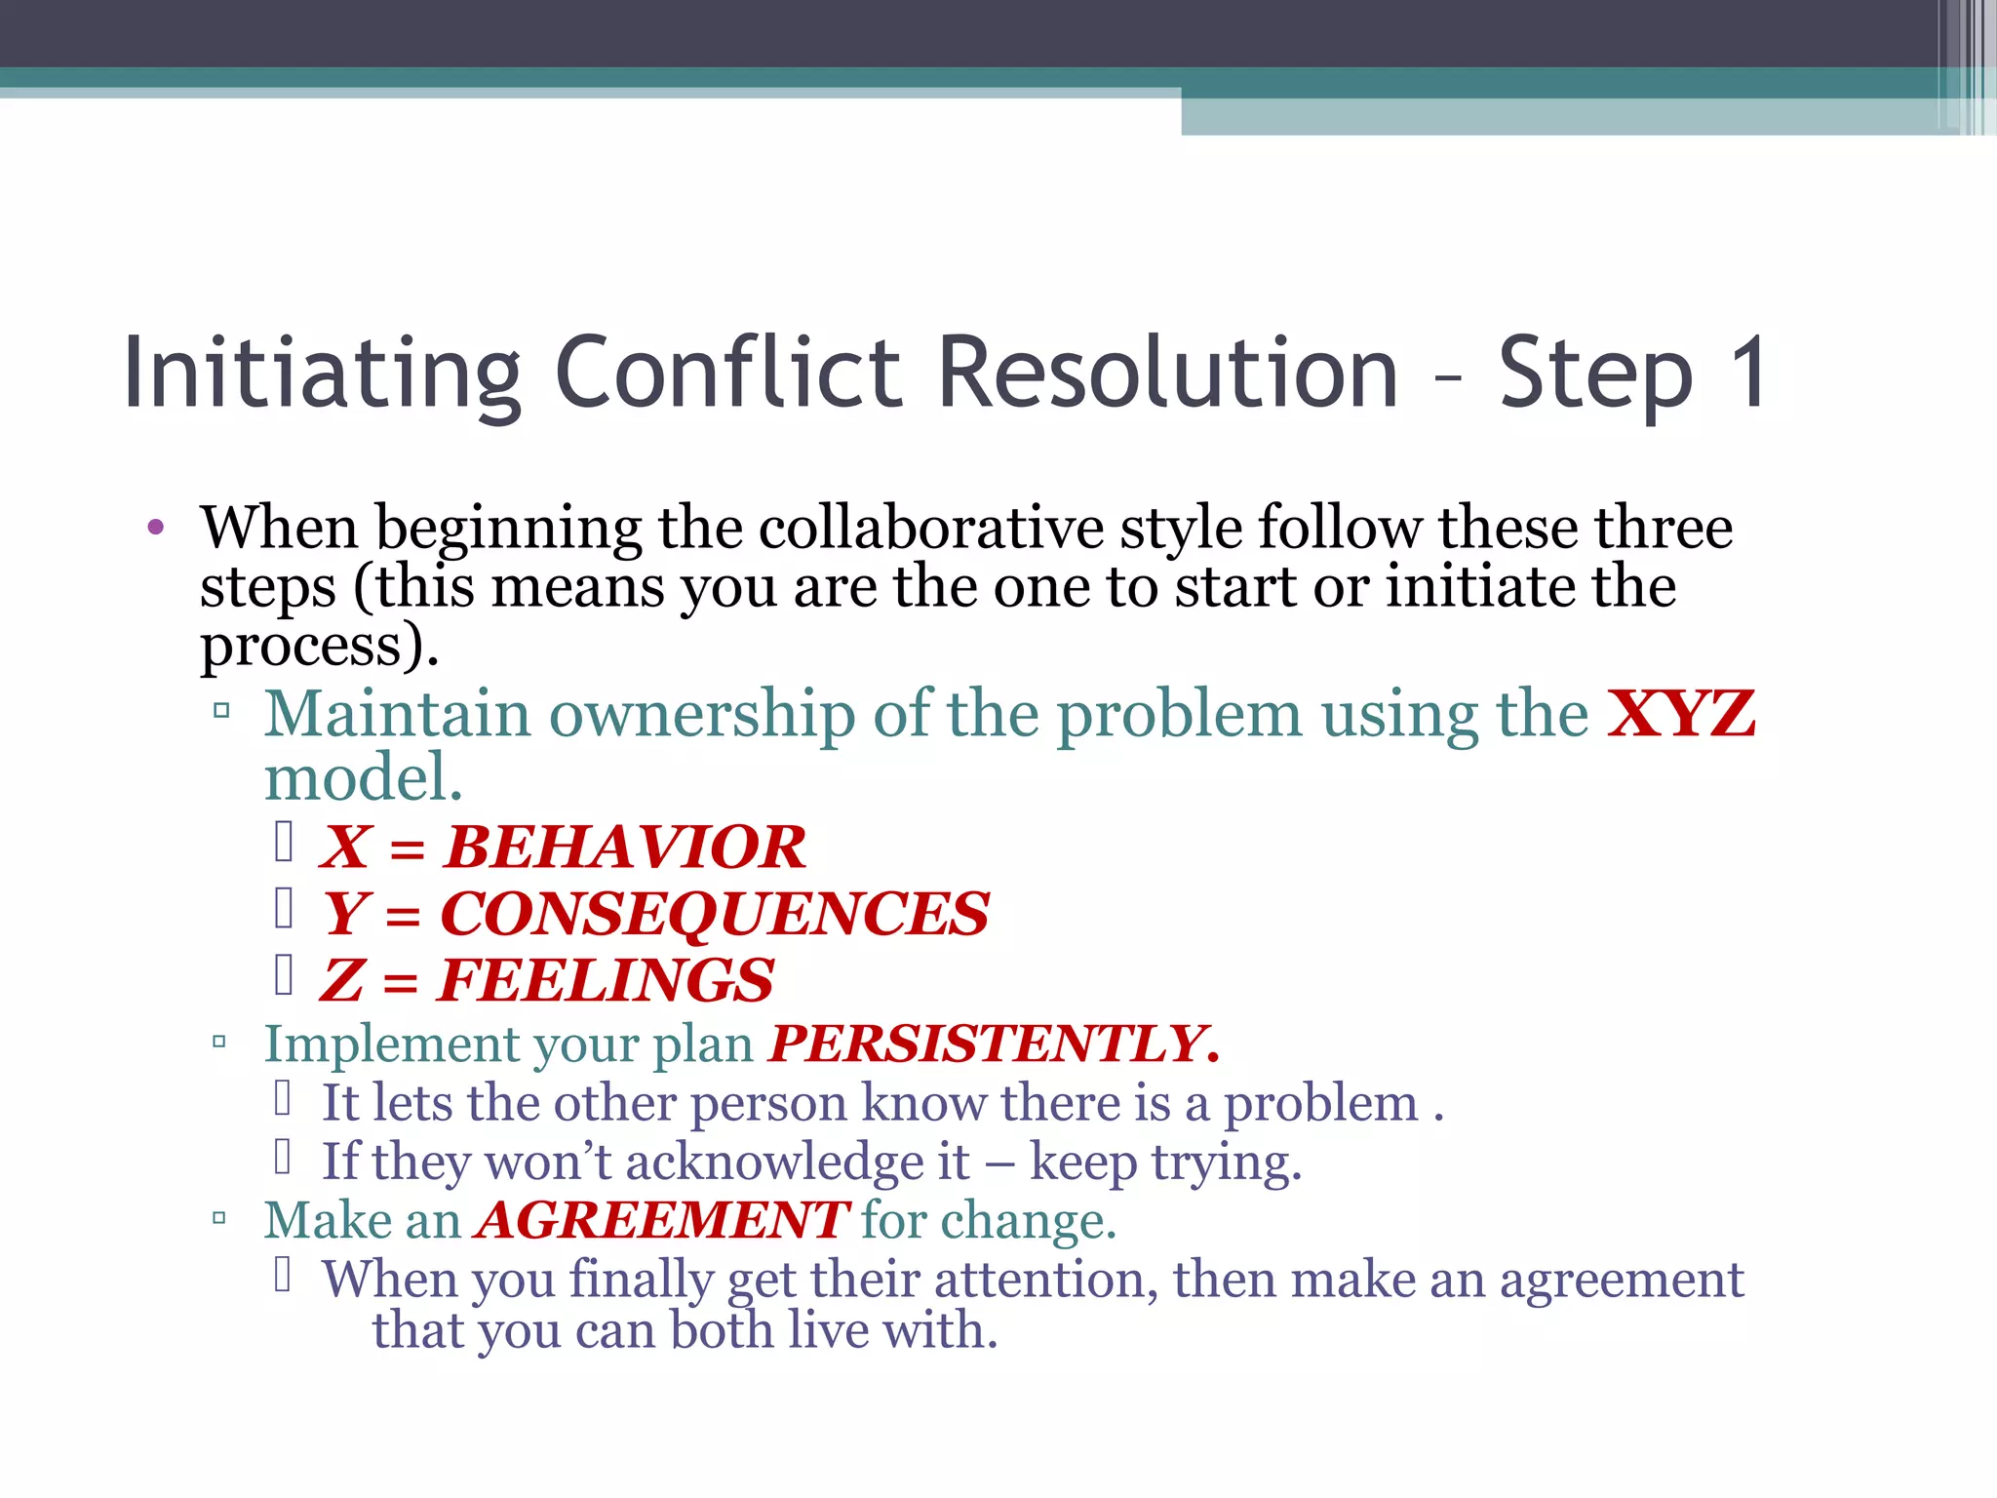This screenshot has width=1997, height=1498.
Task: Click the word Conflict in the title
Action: pyautogui.click(x=727, y=373)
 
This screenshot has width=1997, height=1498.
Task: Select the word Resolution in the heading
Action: pyautogui.click(x=1167, y=373)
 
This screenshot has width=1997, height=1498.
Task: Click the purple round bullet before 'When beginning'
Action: pyautogui.click(x=155, y=529)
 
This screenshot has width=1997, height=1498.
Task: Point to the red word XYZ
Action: pyautogui.click(x=1681, y=714)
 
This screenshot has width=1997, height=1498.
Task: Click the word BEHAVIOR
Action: pyautogui.click(x=624, y=847)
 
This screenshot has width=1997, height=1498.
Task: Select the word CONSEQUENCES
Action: pyautogui.click(x=714, y=914)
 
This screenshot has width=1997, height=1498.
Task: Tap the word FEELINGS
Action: pyautogui.click(x=606, y=980)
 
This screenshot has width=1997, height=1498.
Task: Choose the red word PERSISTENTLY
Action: pyautogui.click(x=993, y=1045)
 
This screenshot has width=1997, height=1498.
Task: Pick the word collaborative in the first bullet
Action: pyautogui.click(x=930, y=529)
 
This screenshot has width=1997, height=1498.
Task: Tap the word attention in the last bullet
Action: pyautogui.click(x=1045, y=1280)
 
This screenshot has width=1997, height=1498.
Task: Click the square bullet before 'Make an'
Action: pyautogui.click(x=219, y=1218)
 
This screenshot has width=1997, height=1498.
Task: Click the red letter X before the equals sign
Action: pyautogui.click(x=345, y=847)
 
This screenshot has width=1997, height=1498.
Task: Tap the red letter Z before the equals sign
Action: pyautogui.click(x=341, y=980)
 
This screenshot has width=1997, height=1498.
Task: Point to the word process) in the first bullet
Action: pyautogui.click(x=318, y=647)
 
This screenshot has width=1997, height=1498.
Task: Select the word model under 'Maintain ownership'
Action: pyautogui.click(x=362, y=778)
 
